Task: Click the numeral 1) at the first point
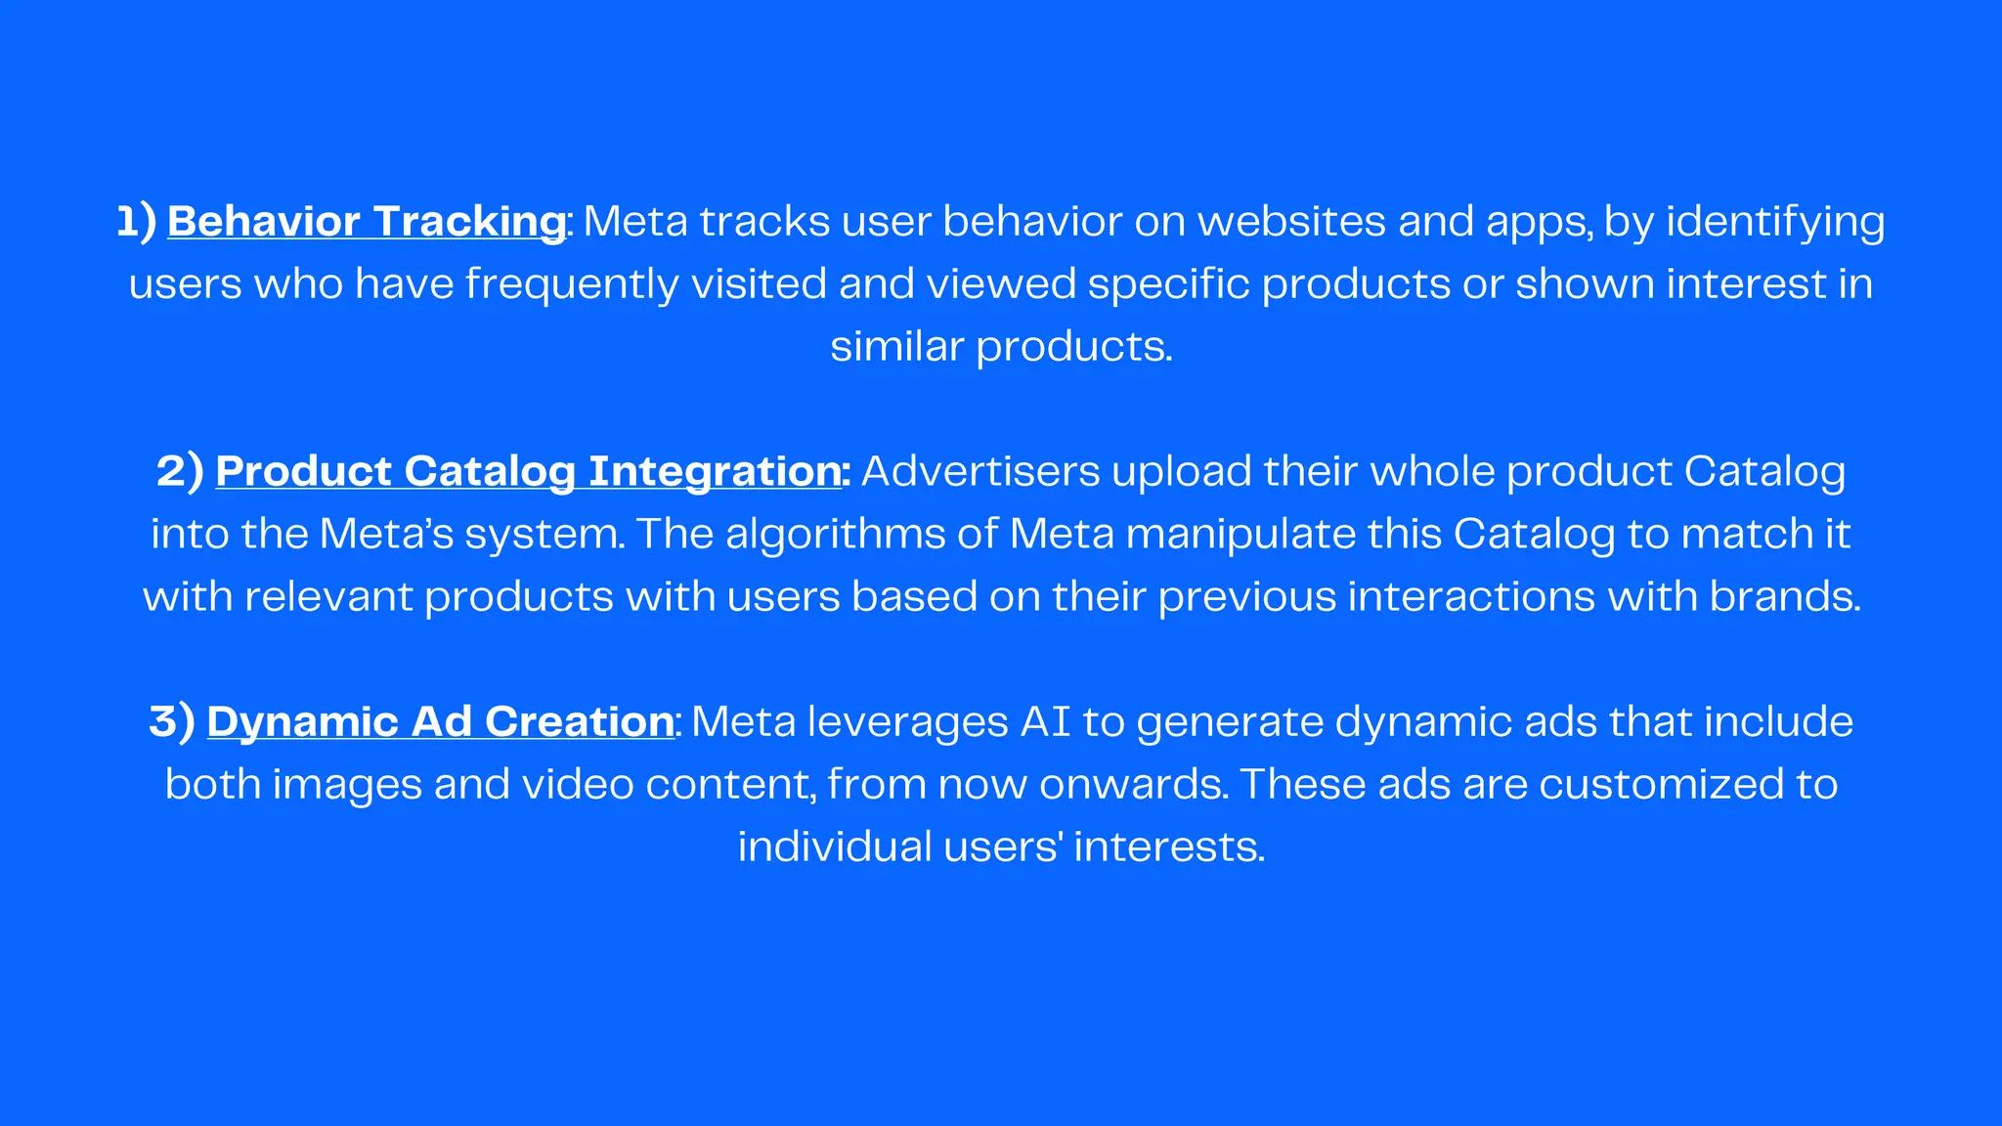click(x=136, y=221)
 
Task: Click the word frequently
click(x=571, y=284)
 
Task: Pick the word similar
click(x=896, y=346)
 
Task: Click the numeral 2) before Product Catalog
click(x=180, y=471)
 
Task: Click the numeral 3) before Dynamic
click(x=172, y=721)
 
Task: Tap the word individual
click(x=835, y=846)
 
